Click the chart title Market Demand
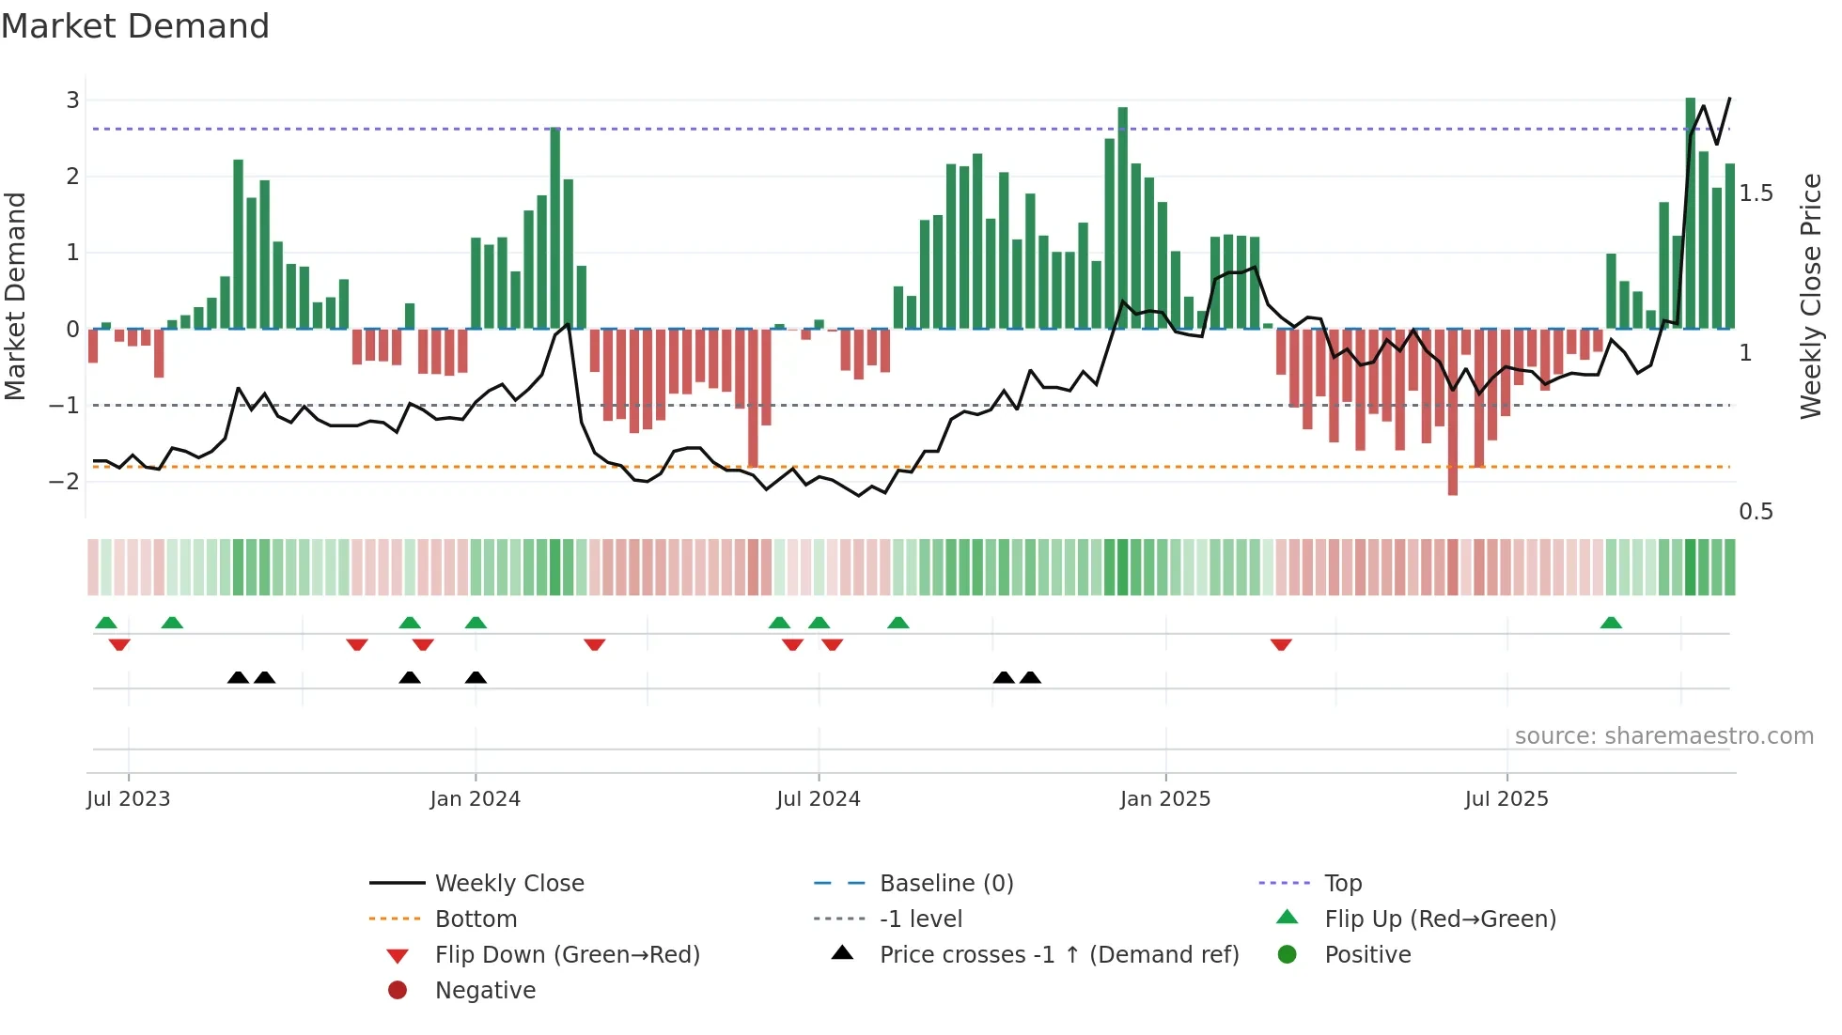(135, 26)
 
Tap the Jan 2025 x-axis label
(1165, 799)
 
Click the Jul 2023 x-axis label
(129, 799)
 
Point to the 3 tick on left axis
(72, 100)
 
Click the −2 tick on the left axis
(65, 482)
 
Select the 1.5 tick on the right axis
(1756, 193)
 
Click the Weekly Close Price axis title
(1810, 296)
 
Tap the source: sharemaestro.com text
(1663, 736)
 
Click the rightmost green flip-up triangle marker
(1611, 623)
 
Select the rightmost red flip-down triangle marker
(1281, 644)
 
